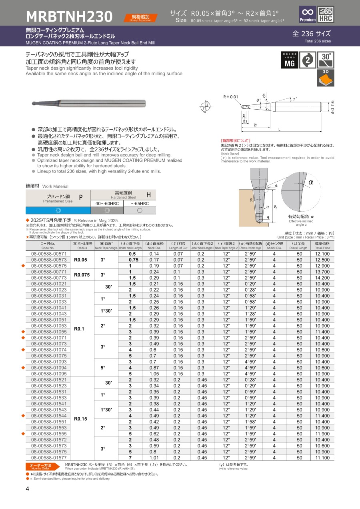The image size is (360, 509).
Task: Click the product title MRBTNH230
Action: click(x=69, y=16)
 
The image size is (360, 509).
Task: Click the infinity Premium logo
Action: click(x=308, y=14)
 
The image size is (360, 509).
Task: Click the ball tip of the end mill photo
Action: click(x=34, y=104)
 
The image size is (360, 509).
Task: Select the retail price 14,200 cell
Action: click(x=322, y=278)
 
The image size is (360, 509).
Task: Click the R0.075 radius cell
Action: click(x=81, y=275)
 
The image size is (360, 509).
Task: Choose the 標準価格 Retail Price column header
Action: click(x=322, y=245)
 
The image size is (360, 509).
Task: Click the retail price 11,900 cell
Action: click(x=322, y=434)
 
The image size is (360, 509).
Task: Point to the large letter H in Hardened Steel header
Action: click(x=148, y=195)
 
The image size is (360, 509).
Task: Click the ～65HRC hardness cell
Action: click(x=140, y=203)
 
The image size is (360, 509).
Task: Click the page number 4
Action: click(x=27, y=489)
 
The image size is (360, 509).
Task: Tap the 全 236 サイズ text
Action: click(x=311, y=34)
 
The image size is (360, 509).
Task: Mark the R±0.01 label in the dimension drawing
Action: click(x=230, y=96)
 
